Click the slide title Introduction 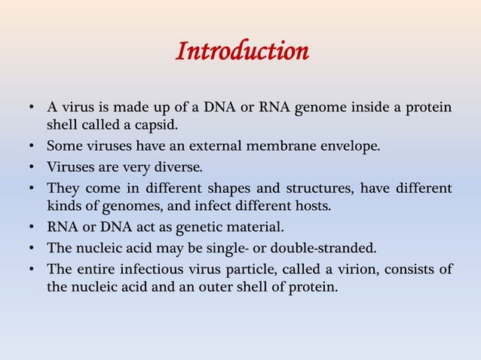click(241, 52)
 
